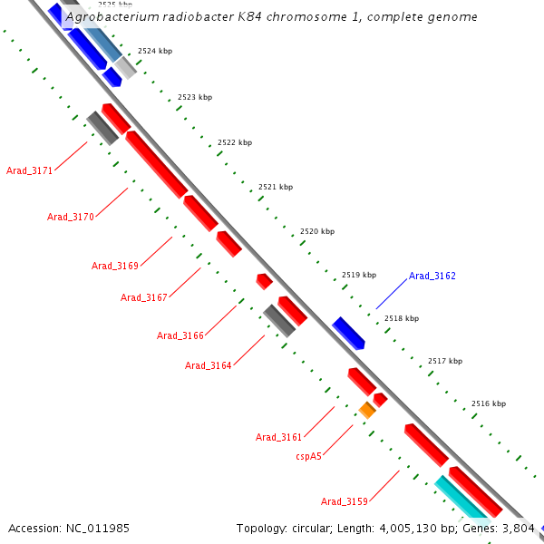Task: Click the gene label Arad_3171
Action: point(29,170)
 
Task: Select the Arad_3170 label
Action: point(71,217)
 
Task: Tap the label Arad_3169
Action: point(115,266)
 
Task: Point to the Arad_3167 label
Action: point(144,297)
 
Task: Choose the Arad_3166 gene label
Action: point(180,335)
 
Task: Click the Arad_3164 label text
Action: point(209,365)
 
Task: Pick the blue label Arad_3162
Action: point(432,276)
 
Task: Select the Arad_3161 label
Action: point(279,437)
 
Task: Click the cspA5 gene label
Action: point(309,456)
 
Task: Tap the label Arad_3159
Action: point(345,501)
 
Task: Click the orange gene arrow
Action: point(367,410)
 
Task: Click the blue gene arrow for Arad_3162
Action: point(348,333)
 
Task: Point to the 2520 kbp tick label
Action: point(316,231)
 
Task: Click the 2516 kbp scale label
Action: point(489,403)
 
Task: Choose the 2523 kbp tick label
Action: point(195,97)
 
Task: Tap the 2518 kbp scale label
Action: point(402,318)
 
